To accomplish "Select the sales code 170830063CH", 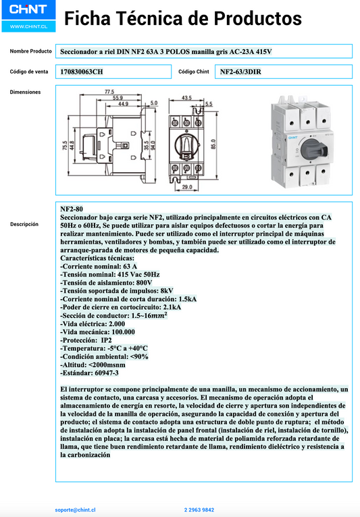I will point(82,72).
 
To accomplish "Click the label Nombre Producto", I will point(31,51).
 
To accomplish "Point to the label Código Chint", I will point(194,72).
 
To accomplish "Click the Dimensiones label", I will point(26,92).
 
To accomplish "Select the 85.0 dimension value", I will point(213,144).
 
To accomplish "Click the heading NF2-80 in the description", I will point(72,209).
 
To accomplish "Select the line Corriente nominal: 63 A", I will point(99,267).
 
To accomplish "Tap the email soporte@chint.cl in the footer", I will point(76,510).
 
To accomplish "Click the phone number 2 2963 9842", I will point(199,510).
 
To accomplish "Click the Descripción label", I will point(24,224).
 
